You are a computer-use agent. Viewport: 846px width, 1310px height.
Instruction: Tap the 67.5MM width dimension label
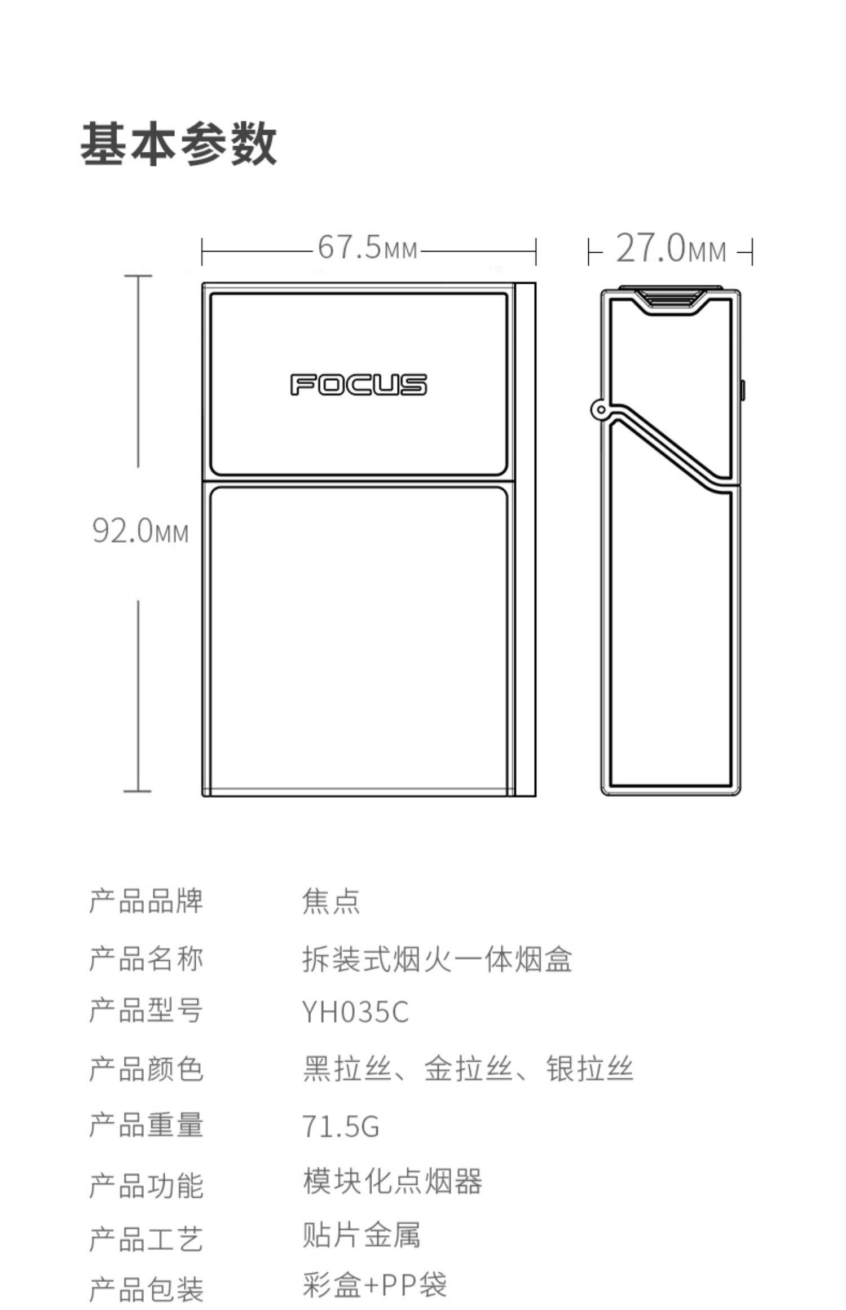coord(368,248)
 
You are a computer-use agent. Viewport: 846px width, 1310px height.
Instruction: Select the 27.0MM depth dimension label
coord(671,249)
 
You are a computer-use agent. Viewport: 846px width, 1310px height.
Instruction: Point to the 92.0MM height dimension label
coord(140,531)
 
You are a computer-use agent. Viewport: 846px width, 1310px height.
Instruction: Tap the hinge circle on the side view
coord(601,410)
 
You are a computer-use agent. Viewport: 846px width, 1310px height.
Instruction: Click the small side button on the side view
coord(742,390)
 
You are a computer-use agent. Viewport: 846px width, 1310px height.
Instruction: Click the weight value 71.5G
coord(341,1126)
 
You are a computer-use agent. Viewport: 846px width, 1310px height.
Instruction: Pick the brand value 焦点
coord(331,901)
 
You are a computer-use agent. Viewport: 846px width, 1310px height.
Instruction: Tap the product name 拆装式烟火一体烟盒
coord(437,959)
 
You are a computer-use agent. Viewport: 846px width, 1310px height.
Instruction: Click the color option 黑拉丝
coord(347,1069)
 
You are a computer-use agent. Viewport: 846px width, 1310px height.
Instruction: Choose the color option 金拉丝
coord(468,1069)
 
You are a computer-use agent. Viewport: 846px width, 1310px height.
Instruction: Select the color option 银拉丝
coord(589,1069)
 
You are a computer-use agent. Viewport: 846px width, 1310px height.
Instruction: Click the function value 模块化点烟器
coord(393,1182)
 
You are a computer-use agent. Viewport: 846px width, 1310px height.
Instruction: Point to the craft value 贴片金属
coord(362,1235)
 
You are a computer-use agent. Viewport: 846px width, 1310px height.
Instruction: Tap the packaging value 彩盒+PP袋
coord(374,1286)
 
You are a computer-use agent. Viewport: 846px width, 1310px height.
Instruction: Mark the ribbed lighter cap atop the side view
coord(670,297)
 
